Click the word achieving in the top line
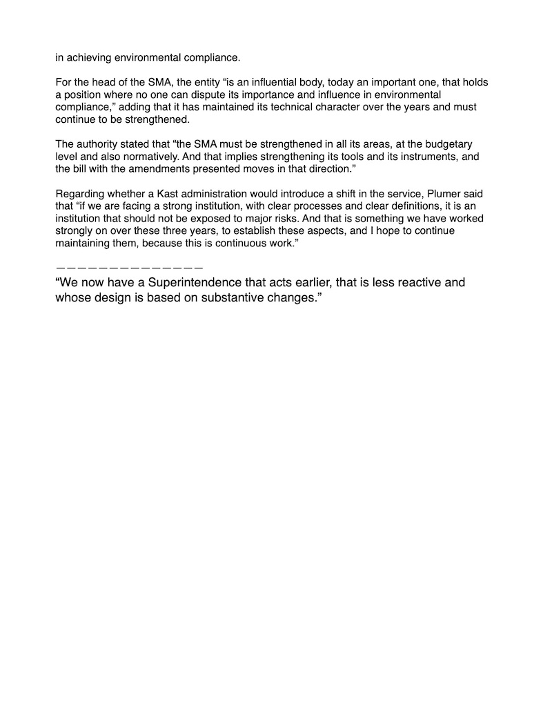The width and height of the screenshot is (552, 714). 86,57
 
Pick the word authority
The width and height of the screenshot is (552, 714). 97,144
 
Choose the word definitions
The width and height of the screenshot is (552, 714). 382,206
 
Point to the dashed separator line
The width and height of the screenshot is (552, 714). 130,266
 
